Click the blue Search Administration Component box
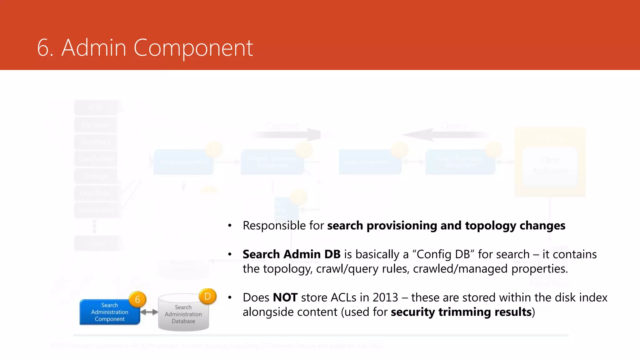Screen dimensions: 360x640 [x=109, y=312]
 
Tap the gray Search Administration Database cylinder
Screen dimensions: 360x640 [x=183, y=313]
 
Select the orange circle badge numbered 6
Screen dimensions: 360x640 [x=137, y=299]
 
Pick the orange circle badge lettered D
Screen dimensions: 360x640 [x=207, y=296]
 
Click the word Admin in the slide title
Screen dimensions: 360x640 [x=94, y=48]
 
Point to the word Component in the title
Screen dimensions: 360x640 [x=193, y=49]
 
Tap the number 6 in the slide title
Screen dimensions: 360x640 [x=44, y=48]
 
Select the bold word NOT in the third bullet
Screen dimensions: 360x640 [x=285, y=297]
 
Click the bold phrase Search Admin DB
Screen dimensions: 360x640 [x=291, y=254]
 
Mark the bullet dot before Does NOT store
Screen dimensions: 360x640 [x=230, y=297]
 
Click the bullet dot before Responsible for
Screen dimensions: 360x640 [x=230, y=226]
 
